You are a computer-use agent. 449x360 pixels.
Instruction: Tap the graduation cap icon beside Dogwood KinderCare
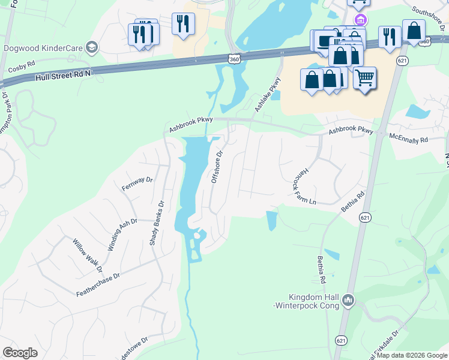coord(92,47)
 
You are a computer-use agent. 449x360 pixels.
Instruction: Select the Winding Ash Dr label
coord(123,235)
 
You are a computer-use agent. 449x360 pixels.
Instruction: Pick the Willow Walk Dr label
coord(88,256)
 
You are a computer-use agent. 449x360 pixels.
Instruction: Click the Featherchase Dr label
coord(98,284)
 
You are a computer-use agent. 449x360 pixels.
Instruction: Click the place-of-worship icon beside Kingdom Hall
coord(349,299)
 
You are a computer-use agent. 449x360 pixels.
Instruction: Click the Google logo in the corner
coord(20,353)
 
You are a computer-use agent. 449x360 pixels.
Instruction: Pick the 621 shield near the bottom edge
coord(342,340)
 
